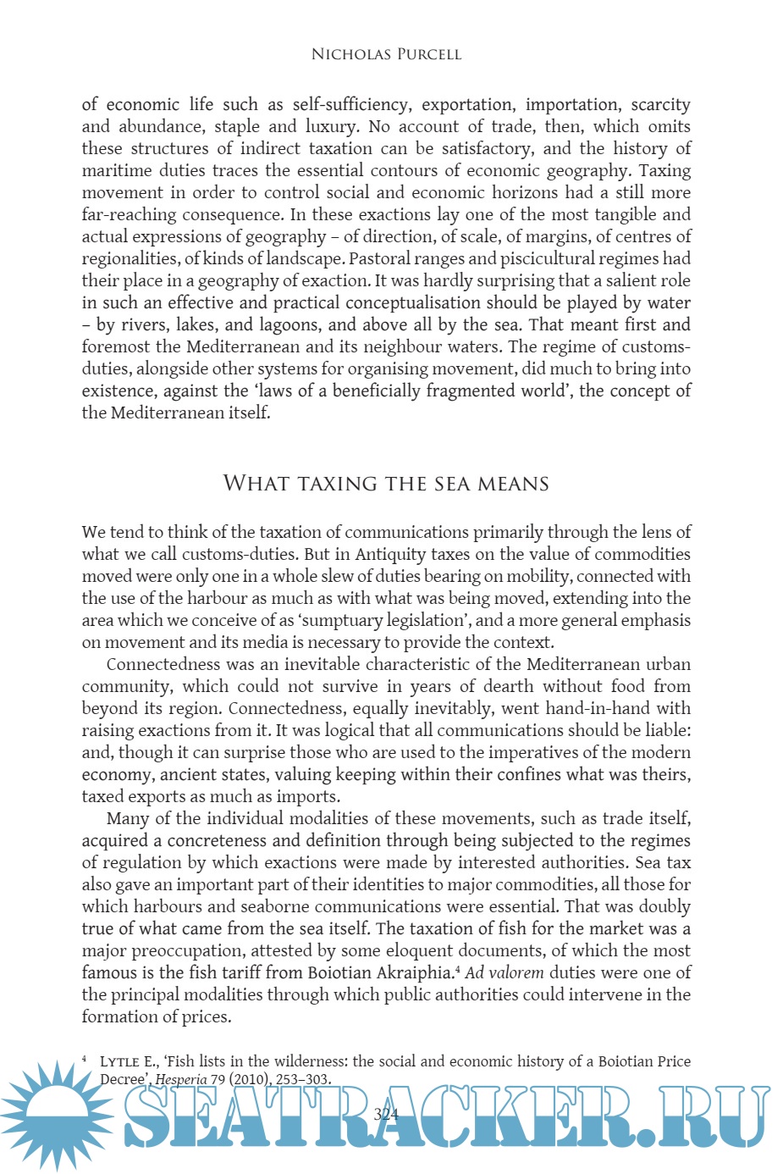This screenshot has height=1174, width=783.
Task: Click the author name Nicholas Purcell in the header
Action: point(386,54)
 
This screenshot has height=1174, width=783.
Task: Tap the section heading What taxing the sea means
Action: point(386,484)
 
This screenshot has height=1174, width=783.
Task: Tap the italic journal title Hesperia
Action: point(180,1079)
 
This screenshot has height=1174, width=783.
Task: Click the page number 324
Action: point(386,1114)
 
